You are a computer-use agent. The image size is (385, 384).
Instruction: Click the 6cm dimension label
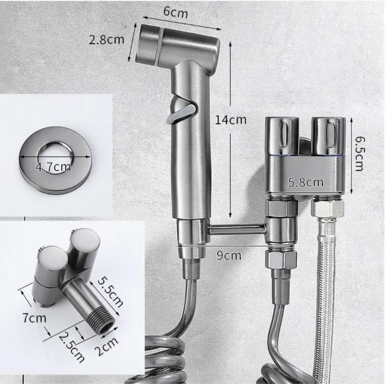pyautogui.click(x=175, y=12)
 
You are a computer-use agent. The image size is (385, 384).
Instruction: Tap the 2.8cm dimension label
pyautogui.click(x=106, y=40)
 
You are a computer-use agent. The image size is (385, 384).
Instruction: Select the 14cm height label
pyautogui.click(x=230, y=120)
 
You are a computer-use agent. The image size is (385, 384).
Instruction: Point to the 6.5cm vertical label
pyautogui.click(x=359, y=154)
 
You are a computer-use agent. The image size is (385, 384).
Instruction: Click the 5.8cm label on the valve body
pyautogui.click(x=305, y=183)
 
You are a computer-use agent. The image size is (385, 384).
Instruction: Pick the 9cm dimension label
pyautogui.click(x=229, y=256)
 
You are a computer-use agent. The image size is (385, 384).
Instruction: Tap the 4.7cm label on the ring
pyautogui.click(x=53, y=167)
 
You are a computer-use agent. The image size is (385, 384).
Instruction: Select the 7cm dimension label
pyautogui.click(x=34, y=318)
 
